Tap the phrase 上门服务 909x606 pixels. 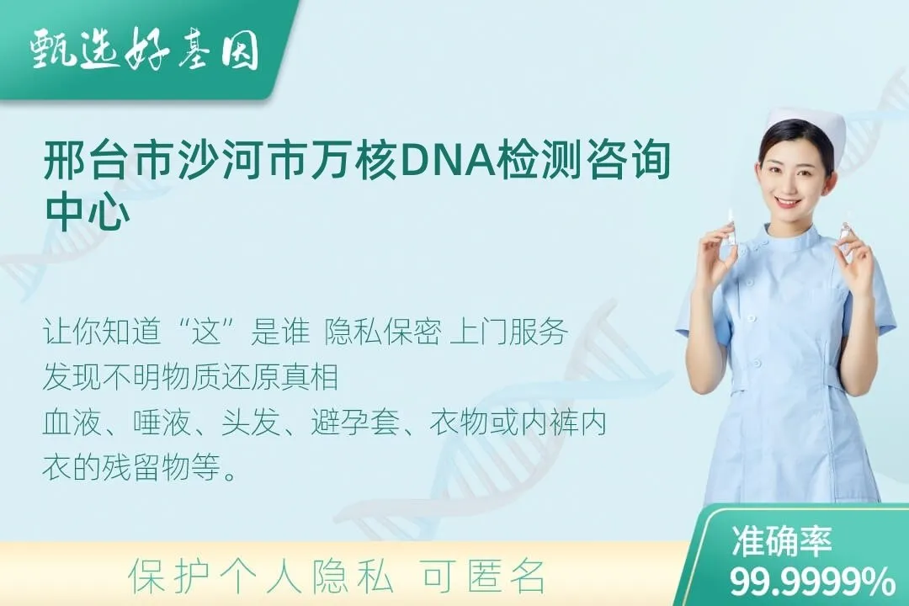click(x=508, y=332)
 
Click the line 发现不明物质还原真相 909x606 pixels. click(x=191, y=377)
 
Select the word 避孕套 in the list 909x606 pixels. click(x=355, y=423)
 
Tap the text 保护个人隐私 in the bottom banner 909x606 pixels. click(x=262, y=576)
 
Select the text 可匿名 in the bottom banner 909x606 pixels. click(x=484, y=576)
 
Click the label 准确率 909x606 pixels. click(x=781, y=541)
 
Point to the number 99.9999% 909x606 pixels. click(x=812, y=581)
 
